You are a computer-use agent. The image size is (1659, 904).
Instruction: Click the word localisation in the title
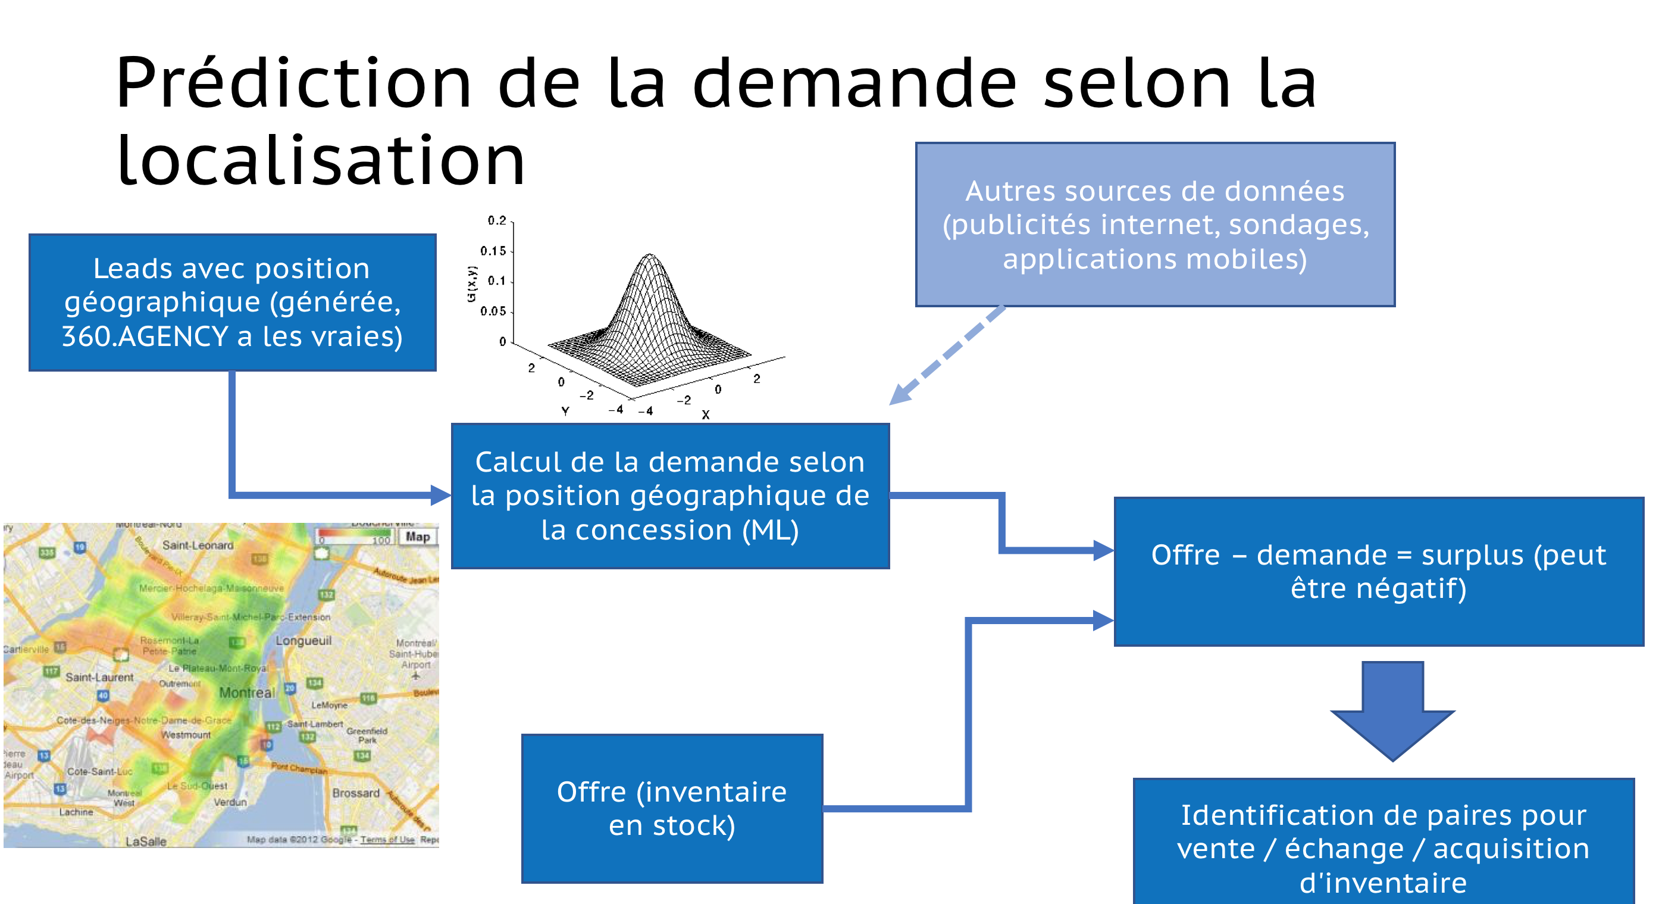[x=321, y=161]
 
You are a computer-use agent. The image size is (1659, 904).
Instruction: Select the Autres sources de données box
[x=1155, y=225]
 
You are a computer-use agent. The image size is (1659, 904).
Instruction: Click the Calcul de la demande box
[x=670, y=495]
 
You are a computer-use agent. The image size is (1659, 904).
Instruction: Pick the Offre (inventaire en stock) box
[x=672, y=808]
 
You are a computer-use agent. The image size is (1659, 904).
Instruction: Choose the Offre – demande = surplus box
[x=1378, y=571]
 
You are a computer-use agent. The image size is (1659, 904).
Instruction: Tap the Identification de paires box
[x=1383, y=844]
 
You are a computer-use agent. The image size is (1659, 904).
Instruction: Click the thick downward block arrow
[x=1392, y=709]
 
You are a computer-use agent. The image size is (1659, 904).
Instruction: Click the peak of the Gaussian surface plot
[x=650, y=256]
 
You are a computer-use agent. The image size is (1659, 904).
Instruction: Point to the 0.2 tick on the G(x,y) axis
[x=496, y=220]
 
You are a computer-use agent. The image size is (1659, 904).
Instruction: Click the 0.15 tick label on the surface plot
[x=493, y=251]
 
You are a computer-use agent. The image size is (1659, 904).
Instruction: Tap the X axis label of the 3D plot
[x=705, y=415]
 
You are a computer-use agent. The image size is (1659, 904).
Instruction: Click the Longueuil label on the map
[x=303, y=640]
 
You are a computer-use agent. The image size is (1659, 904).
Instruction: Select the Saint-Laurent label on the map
[x=99, y=677]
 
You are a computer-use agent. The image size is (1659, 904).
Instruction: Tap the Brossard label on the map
[x=355, y=793]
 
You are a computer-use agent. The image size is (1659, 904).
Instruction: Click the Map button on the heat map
[x=417, y=537]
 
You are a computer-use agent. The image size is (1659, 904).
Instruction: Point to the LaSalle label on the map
[x=146, y=841]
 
